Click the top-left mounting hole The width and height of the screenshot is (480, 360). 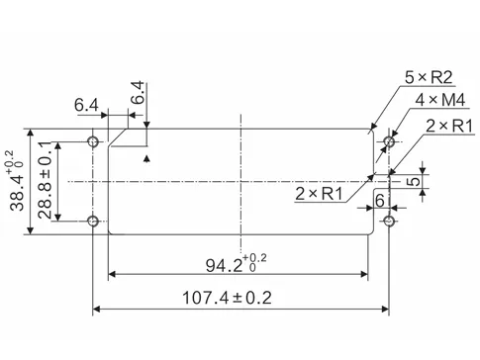(x=93, y=142)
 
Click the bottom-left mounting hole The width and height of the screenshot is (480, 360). (x=93, y=220)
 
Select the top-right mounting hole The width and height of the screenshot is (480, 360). (x=389, y=142)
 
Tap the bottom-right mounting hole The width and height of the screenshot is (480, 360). (x=389, y=220)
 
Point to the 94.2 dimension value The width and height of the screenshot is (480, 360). (x=227, y=263)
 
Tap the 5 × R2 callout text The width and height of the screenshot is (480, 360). (x=429, y=77)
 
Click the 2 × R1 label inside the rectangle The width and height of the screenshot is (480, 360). (x=319, y=193)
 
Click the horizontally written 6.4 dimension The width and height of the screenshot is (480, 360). (x=86, y=105)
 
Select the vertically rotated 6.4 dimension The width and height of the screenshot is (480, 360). (x=138, y=92)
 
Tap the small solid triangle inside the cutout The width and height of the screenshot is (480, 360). (x=147, y=157)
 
